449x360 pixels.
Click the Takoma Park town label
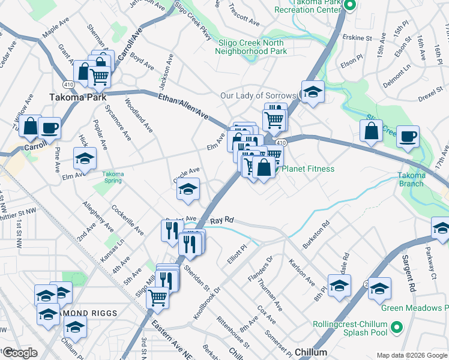77,97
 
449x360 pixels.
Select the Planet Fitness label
307,169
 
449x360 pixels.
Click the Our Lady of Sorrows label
258,95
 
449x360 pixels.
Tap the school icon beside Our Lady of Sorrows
313,92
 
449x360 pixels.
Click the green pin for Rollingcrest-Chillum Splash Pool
395,328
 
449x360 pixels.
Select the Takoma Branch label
411,179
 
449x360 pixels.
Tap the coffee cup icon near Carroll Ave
49,127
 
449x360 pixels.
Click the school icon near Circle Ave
188,189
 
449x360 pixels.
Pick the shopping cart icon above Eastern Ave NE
157,296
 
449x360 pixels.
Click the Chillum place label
311,352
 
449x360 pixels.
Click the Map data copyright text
411,355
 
